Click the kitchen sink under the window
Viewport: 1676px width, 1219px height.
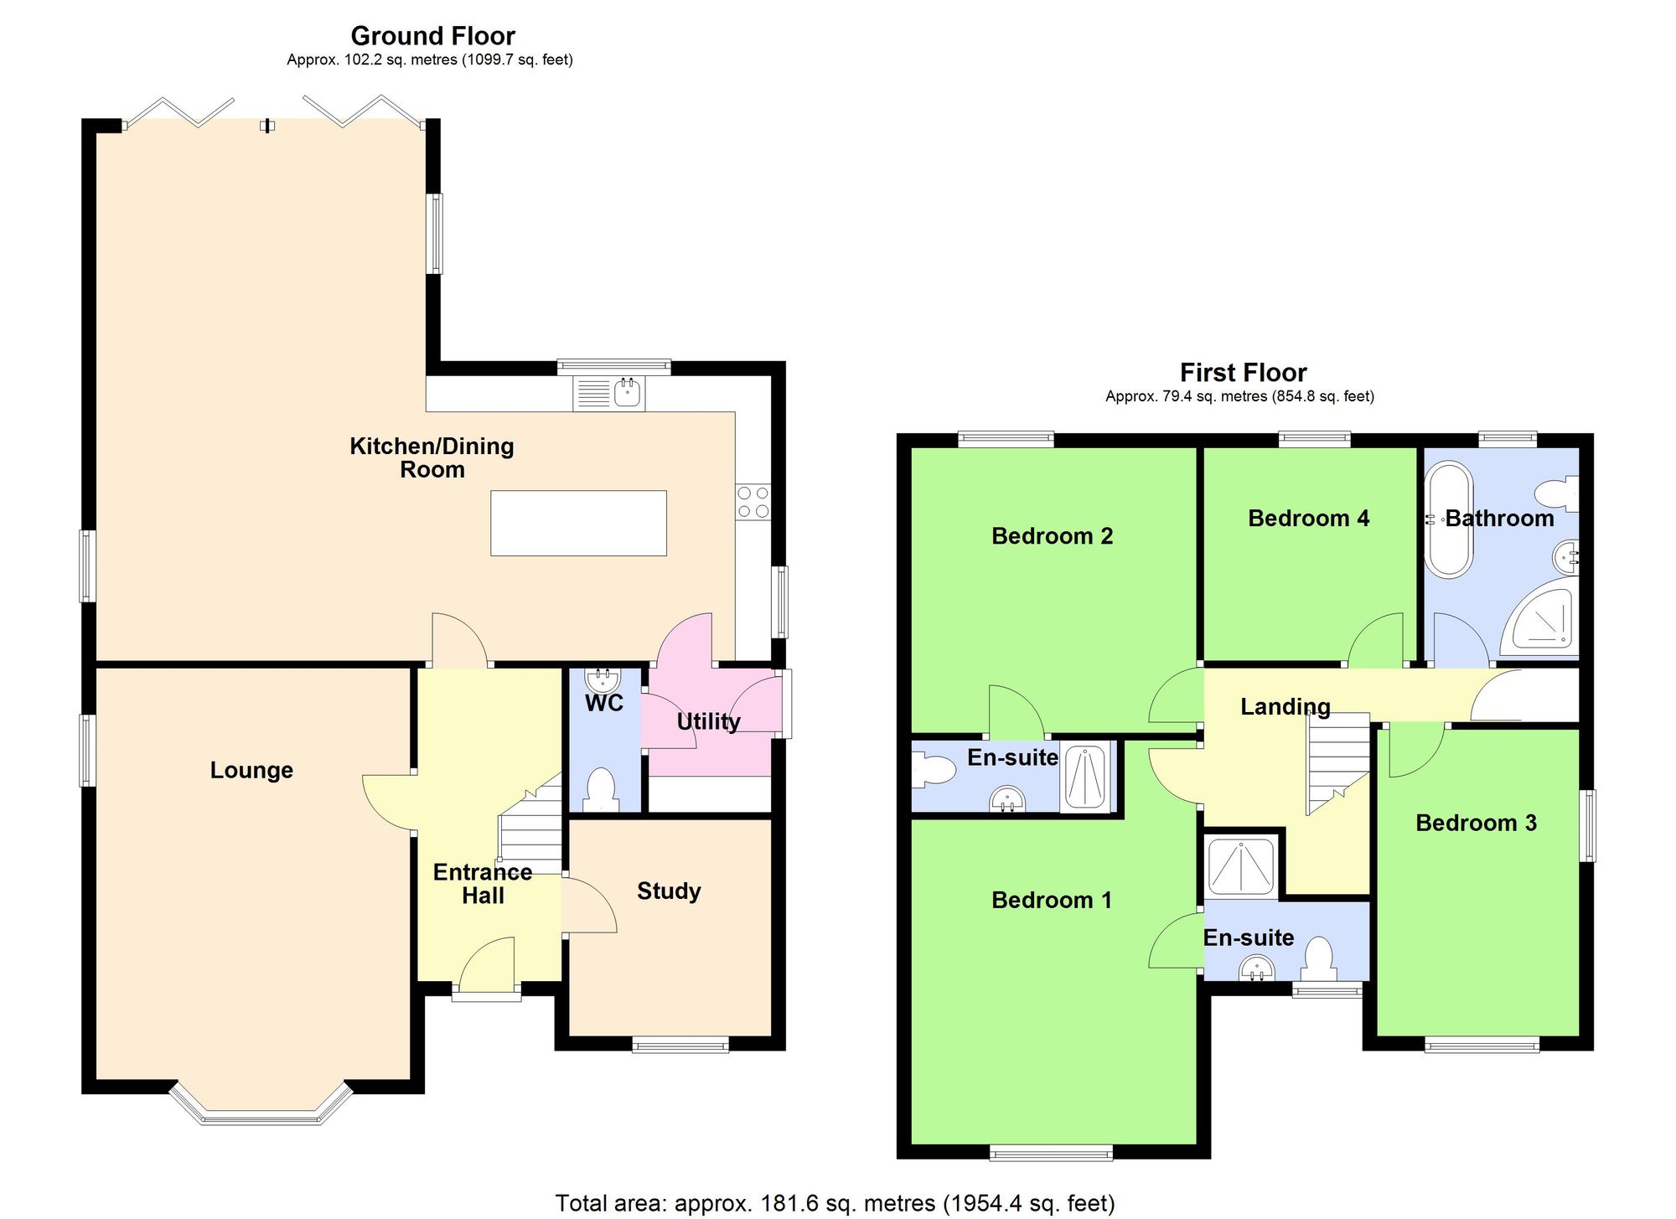pos(609,393)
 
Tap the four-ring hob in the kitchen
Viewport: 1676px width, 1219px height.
pos(753,501)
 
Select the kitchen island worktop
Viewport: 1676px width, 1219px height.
pos(578,523)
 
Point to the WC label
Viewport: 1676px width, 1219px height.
pos(604,703)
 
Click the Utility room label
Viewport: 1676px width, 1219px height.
pos(708,721)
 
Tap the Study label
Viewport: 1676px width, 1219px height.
pos(669,891)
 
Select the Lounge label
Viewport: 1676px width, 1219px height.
pos(251,770)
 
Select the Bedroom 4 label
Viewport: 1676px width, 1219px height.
pos(1308,518)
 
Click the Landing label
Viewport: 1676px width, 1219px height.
pos(1285,706)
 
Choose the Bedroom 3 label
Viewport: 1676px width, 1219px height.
pos(1476,823)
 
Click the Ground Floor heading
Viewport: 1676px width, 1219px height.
pos(432,36)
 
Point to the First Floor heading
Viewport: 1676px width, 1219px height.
pos(1243,372)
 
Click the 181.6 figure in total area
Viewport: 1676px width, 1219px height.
pos(789,1204)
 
